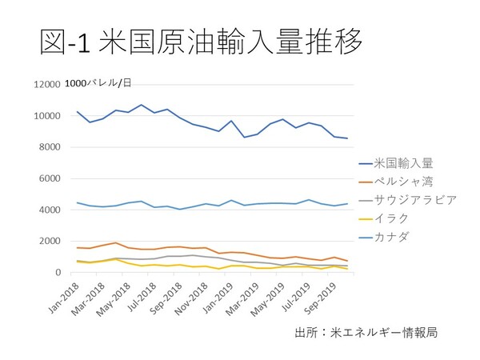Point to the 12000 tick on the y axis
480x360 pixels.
(46, 85)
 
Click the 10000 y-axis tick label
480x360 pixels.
(46, 116)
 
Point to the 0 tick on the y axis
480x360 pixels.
(57, 273)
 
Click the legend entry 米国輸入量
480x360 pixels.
(409, 162)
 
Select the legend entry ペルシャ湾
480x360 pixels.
(409, 180)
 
